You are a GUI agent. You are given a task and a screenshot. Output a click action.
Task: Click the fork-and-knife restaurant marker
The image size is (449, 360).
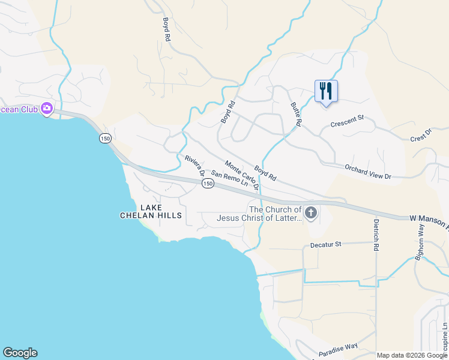pyautogui.click(x=326, y=91)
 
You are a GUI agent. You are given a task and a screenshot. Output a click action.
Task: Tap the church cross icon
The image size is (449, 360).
pyautogui.click(x=311, y=213)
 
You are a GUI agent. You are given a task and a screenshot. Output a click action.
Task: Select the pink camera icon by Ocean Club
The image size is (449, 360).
pyautogui.click(x=47, y=109)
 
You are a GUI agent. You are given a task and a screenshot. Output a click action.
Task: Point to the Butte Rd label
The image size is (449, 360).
pyautogui.click(x=295, y=114)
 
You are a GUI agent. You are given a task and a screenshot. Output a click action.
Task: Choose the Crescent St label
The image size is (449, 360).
pyautogui.click(x=348, y=121)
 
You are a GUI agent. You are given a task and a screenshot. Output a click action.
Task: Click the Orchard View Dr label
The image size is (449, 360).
pyautogui.click(x=367, y=172)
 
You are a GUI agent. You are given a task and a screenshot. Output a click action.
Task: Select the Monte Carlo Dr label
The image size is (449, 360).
pyautogui.click(x=242, y=175)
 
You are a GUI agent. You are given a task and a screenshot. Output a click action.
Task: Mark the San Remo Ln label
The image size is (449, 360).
pyautogui.click(x=229, y=179)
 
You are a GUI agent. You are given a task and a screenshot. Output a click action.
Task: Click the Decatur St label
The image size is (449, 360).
pyautogui.click(x=325, y=245)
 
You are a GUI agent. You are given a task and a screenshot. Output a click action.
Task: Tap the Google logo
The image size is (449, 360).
pyautogui.click(x=20, y=353)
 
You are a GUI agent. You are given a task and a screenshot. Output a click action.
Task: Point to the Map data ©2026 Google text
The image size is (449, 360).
pyautogui.click(x=412, y=355)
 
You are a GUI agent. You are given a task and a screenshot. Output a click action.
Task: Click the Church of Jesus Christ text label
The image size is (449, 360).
pyautogui.click(x=276, y=214)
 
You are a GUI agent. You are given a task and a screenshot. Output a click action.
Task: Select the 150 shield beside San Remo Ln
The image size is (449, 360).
pyautogui.click(x=207, y=184)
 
